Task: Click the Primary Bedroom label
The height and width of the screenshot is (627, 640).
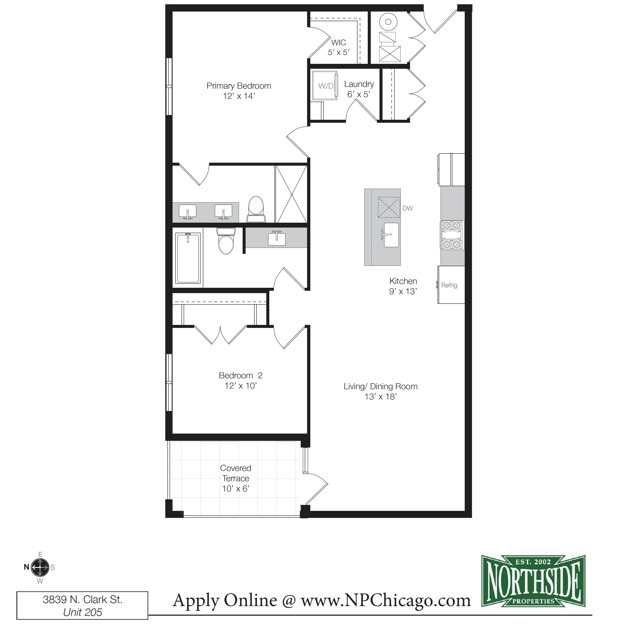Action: [239, 86]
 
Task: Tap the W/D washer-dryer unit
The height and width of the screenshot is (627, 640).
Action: [325, 86]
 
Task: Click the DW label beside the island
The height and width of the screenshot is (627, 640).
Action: [407, 208]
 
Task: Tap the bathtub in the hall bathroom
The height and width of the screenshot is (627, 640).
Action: [188, 258]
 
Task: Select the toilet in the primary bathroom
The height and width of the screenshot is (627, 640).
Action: [256, 209]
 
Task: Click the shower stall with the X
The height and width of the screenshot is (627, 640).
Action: [291, 194]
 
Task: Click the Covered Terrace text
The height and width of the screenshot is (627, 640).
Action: [236, 473]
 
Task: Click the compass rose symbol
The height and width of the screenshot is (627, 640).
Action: [40, 567]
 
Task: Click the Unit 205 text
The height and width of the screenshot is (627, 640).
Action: [82, 612]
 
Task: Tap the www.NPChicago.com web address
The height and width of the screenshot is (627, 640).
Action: [386, 600]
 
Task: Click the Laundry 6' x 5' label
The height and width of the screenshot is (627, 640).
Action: [359, 89]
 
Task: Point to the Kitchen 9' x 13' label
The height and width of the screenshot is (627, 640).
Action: [403, 286]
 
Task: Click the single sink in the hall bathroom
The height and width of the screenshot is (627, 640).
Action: [277, 238]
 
